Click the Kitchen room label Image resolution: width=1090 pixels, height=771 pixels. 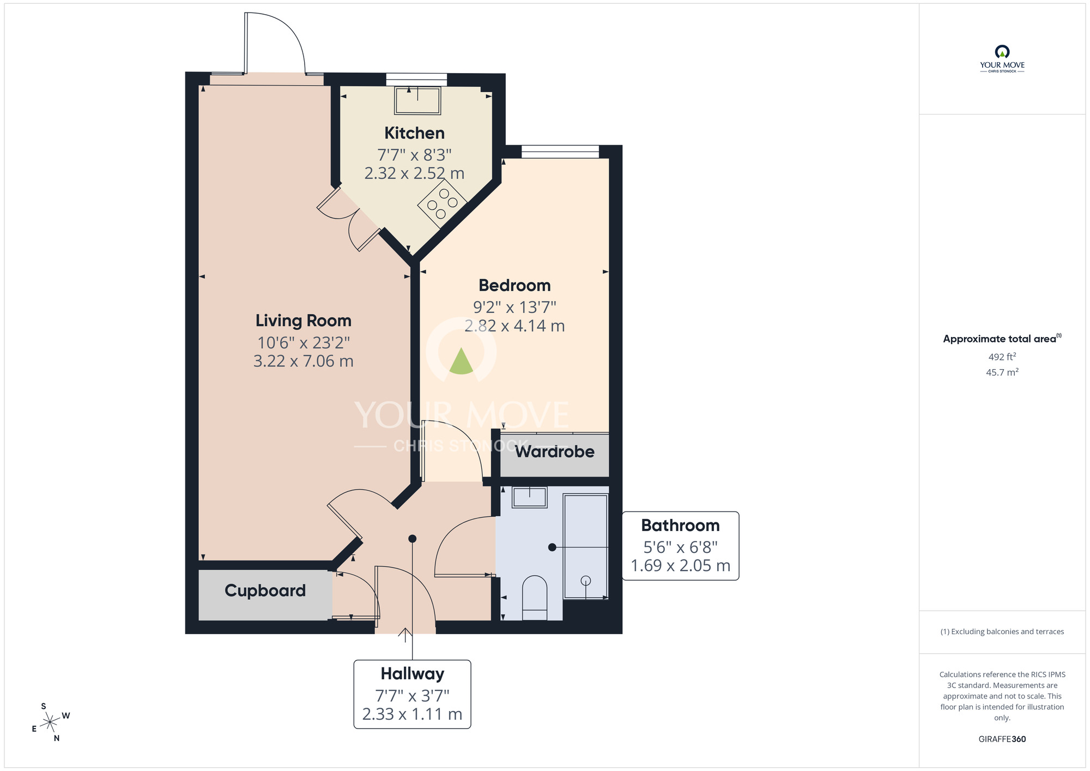click(x=414, y=133)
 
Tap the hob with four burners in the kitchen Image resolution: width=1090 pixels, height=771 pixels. click(x=442, y=203)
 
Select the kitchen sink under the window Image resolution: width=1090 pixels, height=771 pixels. click(x=417, y=100)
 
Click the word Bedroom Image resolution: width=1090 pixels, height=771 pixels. click(x=514, y=285)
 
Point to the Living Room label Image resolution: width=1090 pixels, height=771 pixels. click(x=304, y=321)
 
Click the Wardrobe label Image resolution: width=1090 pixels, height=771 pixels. click(x=555, y=451)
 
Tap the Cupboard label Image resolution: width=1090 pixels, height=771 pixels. click(x=265, y=591)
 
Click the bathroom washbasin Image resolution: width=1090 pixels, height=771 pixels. click(x=529, y=497)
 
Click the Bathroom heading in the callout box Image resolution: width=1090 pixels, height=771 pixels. click(x=680, y=525)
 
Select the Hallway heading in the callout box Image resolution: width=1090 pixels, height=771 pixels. click(x=413, y=674)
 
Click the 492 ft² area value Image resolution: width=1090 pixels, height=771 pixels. click(x=1002, y=357)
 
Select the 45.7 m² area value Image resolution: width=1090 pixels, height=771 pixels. click(x=1002, y=372)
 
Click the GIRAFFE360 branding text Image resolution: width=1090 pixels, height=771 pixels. click(x=1002, y=739)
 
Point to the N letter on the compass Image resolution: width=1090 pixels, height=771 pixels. click(x=57, y=738)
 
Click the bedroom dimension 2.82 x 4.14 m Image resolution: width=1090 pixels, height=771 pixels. click(x=514, y=326)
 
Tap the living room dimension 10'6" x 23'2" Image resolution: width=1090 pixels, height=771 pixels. click(x=304, y=343)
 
